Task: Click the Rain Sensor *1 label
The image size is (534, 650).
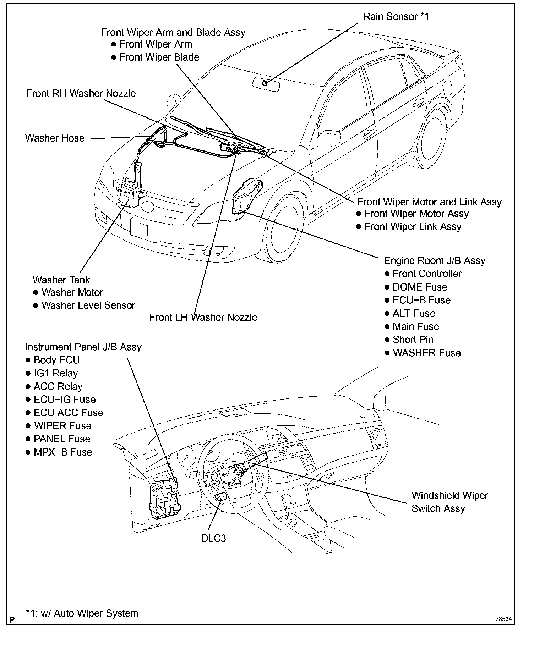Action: pyautogui.click(x=396, y=17)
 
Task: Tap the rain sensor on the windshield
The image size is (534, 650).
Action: pyautogui.click(x=265, y=83)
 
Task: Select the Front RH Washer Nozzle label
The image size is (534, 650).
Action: pyautogui.click(x=81, y=93)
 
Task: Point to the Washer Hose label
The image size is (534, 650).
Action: pyautogui.click(x=55, y=138)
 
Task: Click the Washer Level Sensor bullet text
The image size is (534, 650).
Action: pyautogui.click(x=88, y=305)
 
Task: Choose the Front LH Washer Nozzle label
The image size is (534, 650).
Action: pyautogui.click(x=203, y=317)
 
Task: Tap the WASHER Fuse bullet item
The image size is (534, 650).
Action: pyautogui.click(x=426, y=353)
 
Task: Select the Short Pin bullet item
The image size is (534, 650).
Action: pyautogui.click(x=413, y=340)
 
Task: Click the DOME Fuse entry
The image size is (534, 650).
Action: pyautogui.click(x=420, y=287)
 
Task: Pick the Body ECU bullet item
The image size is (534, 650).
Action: pyautogui.click(x=56, y=360)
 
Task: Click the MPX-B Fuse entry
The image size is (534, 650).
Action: pyautogui.click(x=63, y=452)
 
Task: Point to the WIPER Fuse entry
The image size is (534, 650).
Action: pyautogui.click(x=62, y=426)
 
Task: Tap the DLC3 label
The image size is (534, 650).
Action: pyautogui.click(x=213, y=538)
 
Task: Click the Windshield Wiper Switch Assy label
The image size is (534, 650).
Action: pyautogui.click(x=449, y=502)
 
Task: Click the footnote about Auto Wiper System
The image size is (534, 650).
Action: pyautogui.click(x=82, y=613)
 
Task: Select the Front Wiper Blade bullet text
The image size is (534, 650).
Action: pyautogui.click(x=159, y=57)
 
